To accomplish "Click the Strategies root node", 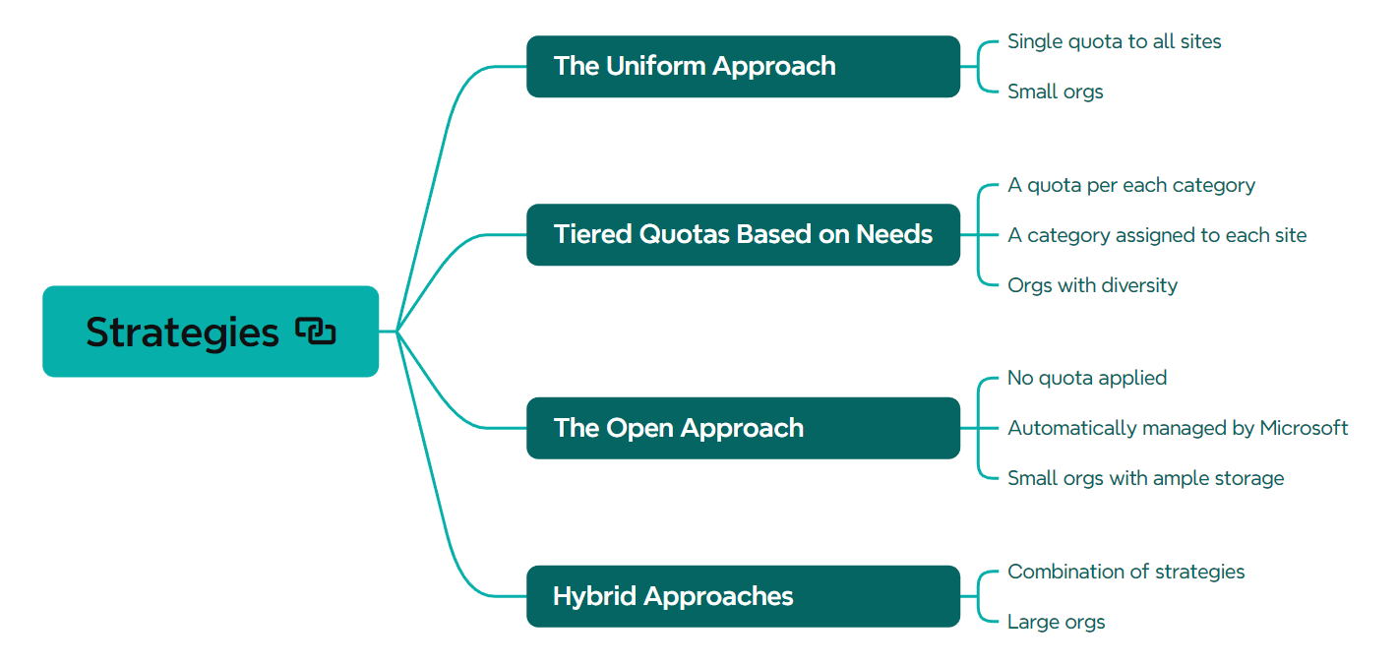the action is point(211,332).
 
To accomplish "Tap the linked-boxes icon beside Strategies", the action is point(315,331).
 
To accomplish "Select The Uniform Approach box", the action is point(744,66).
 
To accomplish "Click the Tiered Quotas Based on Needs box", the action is point(744,234).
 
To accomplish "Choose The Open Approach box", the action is point(744,428).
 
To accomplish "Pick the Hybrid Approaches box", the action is point(744,596).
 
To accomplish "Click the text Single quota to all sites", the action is point(1114,41).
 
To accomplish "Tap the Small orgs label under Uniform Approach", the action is point(1056,91).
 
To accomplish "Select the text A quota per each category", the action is point(1130,185).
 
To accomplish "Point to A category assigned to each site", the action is point(1157,235).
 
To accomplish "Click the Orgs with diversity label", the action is point(1092,285).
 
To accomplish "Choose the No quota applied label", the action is point(1087,378).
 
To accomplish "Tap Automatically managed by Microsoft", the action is point(1178,428).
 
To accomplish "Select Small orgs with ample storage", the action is point(1146,478).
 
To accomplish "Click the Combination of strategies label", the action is point(1125,572).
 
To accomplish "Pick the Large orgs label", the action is point(1056,622).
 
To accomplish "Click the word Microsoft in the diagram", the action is point(1304,427).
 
